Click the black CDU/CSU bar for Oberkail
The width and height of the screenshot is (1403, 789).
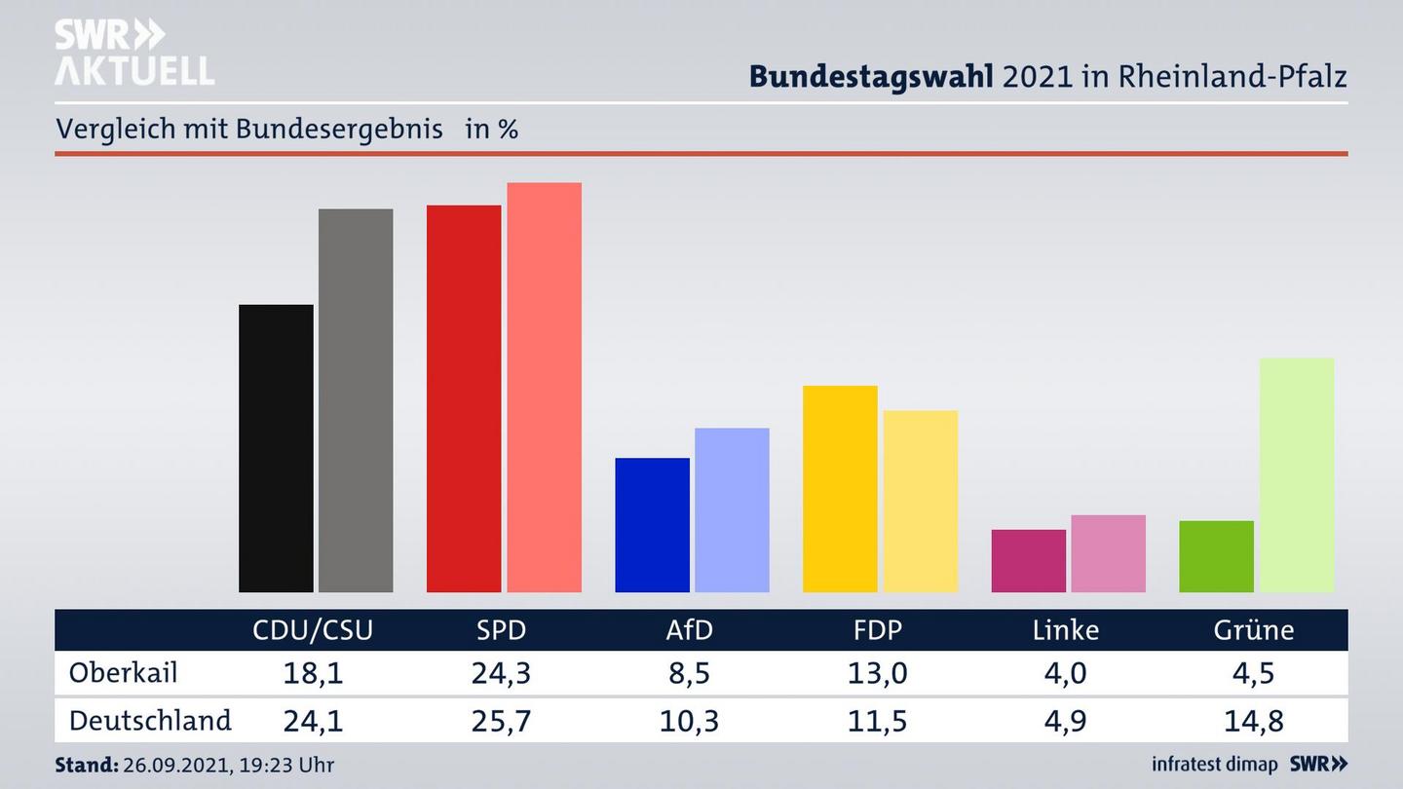click(x=276, y=448)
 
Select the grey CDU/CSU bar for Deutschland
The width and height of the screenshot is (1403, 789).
click(x=356, y=399)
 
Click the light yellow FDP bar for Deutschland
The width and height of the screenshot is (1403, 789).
click(x=920, y=501)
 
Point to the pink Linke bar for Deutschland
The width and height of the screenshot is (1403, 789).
click(x=1108, y=553)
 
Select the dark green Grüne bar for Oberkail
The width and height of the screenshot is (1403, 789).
click(x=1216, y=556)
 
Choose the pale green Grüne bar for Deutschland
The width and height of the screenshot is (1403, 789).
click(x=1296, y=474)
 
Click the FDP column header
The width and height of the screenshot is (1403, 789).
click(x=877, y=630)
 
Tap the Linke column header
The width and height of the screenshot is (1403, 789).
click(x=1065, y=630)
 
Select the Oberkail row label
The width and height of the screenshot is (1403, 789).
click(x=123, y=673)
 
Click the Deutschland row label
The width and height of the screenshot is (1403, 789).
click(x=150, y=721)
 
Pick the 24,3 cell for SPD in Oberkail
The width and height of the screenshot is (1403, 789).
click(x=501, y=673)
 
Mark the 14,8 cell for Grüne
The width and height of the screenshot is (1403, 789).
click(x=1253, y=721)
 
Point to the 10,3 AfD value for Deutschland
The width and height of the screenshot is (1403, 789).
click(x=689, y=721)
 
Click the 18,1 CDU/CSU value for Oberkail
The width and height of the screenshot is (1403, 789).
click(x=313, y=673)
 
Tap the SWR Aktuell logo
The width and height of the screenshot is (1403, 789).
click(x=133, y=53)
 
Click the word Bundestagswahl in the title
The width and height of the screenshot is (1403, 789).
click(x=871, y=76)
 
